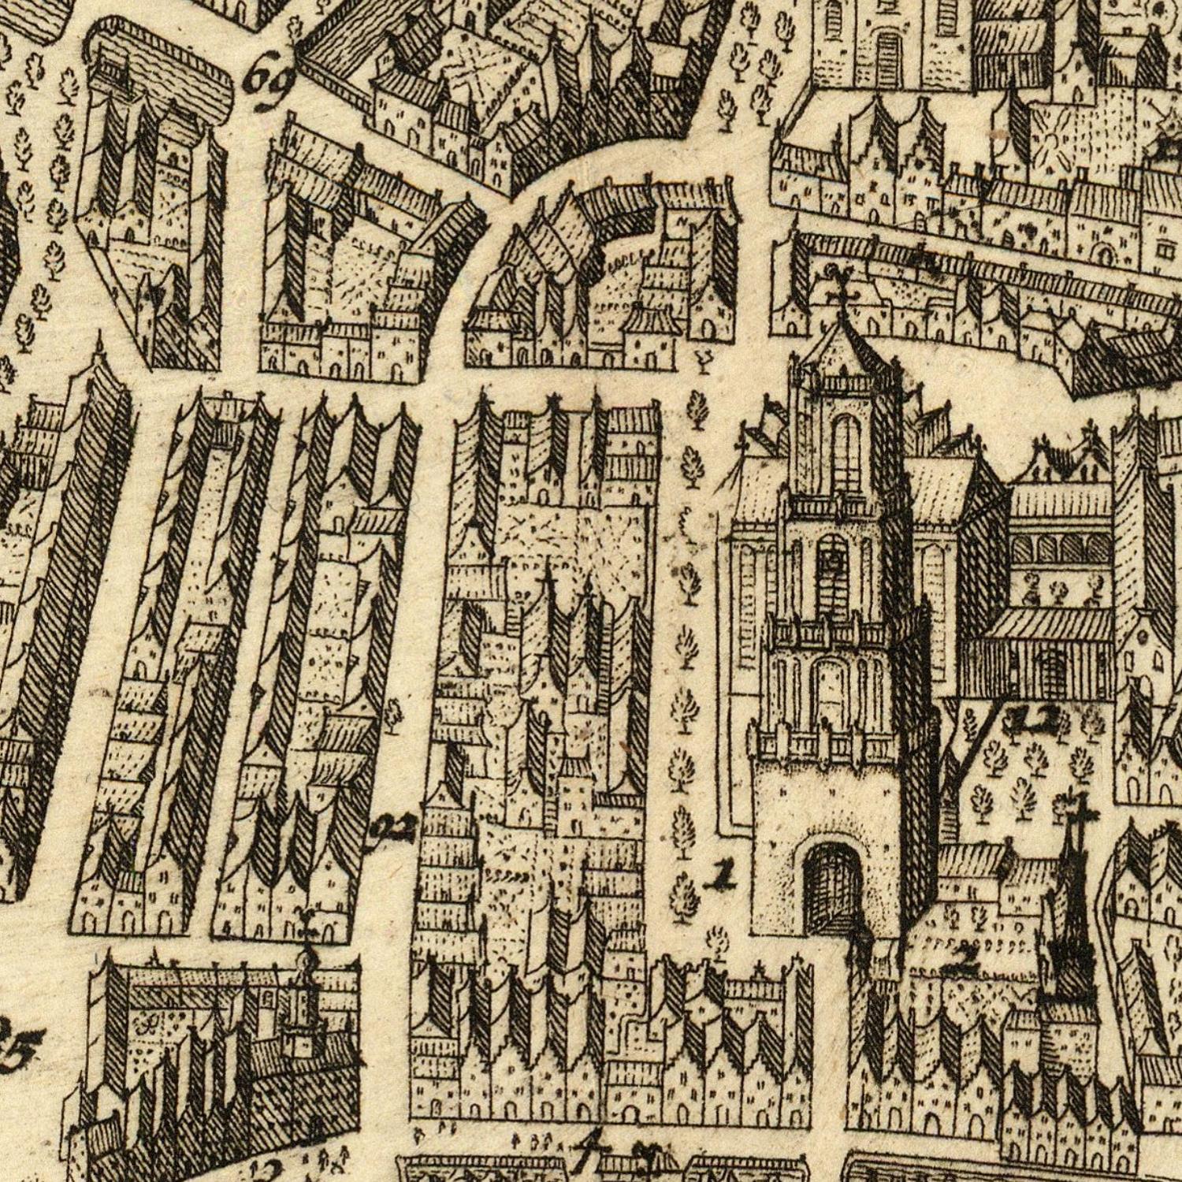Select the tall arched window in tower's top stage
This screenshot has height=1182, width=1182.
pos(846,453)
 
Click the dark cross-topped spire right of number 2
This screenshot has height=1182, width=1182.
pos(1069,906)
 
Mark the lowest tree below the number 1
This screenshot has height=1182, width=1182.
pos(717,941)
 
